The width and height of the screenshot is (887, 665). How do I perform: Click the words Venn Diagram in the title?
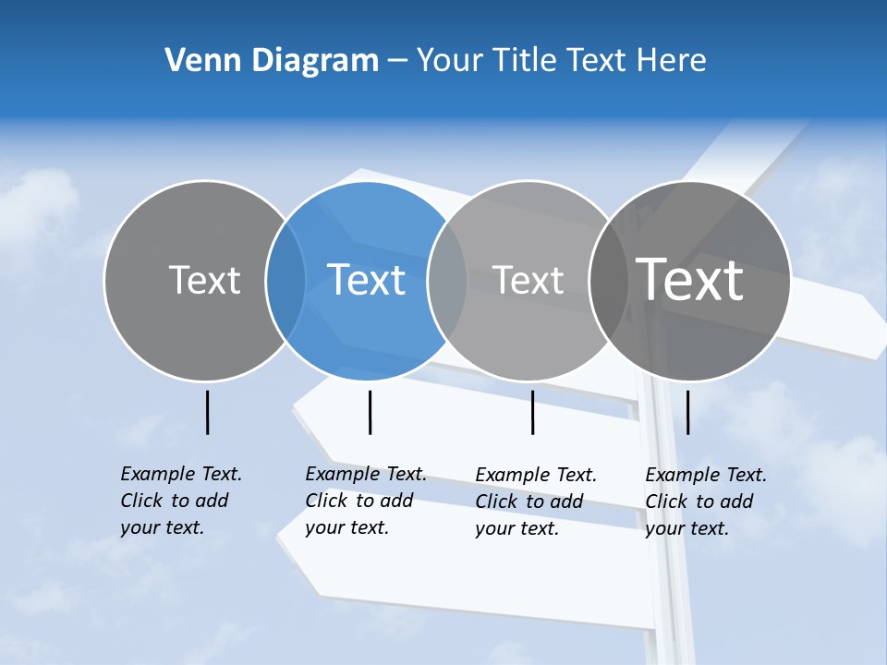(x=272, y=61)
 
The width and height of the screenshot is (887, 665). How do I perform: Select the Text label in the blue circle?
(x=367, y=280)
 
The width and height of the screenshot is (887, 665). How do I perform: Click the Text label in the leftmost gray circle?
(x=204, y=280)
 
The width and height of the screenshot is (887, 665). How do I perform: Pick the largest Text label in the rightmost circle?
(x=690, y=279)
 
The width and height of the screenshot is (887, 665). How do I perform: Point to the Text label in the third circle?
(x=528, y=280)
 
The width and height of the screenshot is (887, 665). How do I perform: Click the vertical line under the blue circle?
(x=370, y=412)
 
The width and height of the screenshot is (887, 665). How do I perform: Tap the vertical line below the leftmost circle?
(x=207, y=412)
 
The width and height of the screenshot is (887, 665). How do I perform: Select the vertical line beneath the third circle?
(x=532, y=412)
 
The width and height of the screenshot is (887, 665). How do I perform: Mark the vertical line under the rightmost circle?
(x=688, y=412)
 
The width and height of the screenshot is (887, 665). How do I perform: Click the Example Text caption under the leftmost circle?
(x=180, y=501)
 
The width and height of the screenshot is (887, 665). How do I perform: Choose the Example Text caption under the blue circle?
(x=365, y=501)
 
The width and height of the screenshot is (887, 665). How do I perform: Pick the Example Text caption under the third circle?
(x=535, y=502)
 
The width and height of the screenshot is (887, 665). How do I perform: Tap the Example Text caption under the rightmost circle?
(x=705, y=502)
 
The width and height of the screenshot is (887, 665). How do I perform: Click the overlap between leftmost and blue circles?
(x=286, y=281)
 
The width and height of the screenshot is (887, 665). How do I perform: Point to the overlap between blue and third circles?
(x=447, y=281)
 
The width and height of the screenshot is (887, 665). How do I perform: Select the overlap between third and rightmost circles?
(x=608, y=281)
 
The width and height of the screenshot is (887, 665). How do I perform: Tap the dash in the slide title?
(x=397, y=61)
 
